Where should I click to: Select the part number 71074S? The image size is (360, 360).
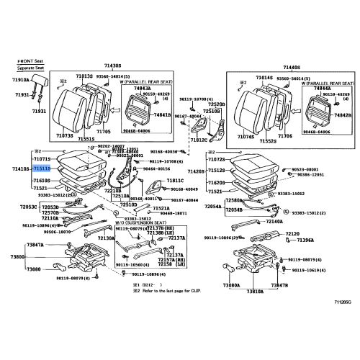point(246,135)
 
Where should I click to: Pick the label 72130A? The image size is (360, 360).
point(106,238)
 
